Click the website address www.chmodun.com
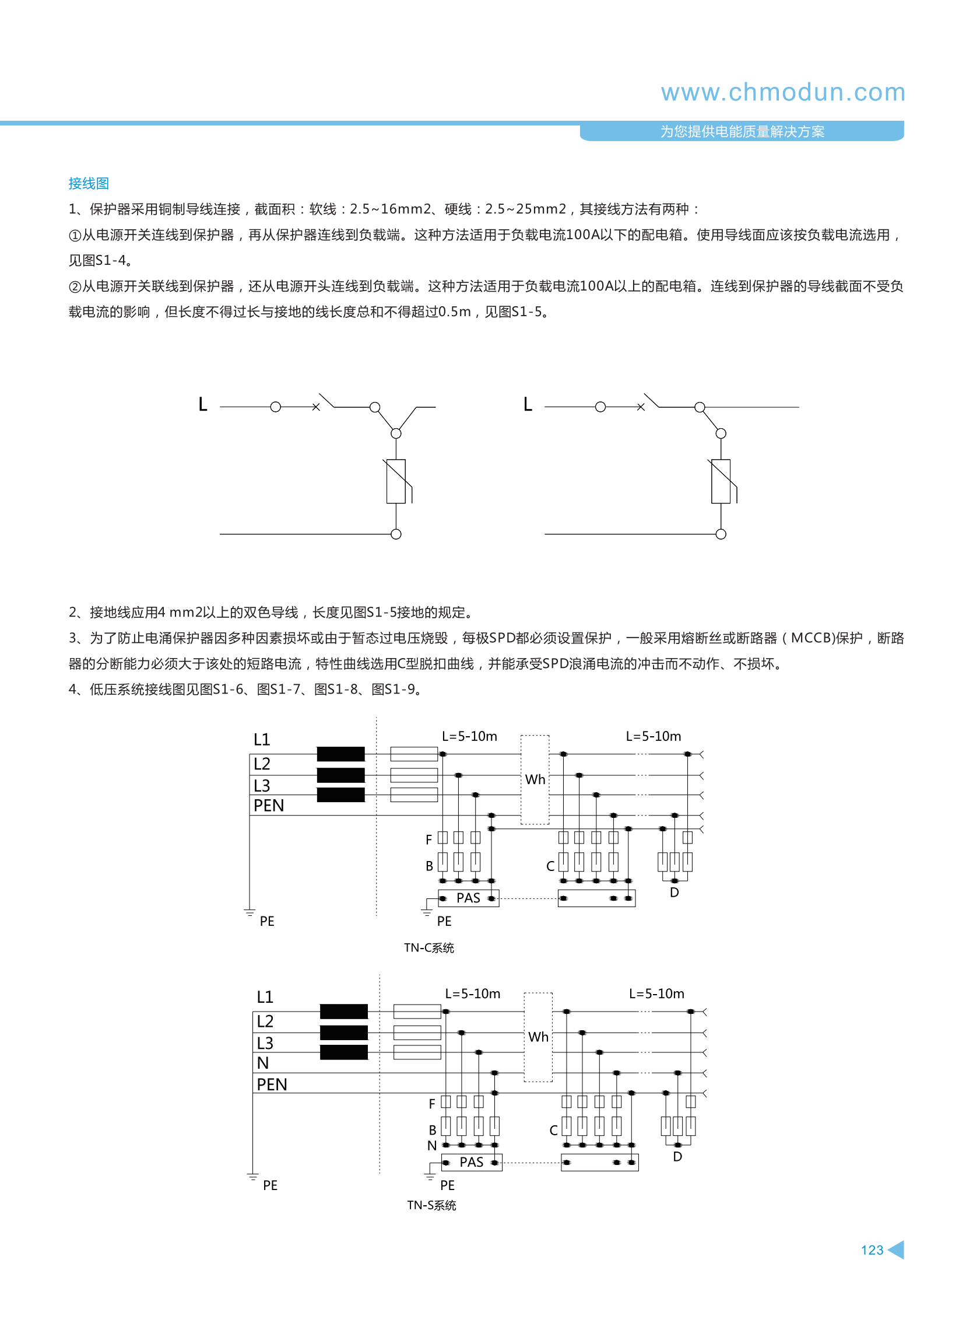coord(782,93)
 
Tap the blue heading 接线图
coord(89,183)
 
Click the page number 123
coord(872,1250)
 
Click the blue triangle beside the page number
coord(897,1250)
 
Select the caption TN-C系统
coord(428,947)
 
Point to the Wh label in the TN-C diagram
coord(535,780)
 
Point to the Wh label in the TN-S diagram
coord(538,1037)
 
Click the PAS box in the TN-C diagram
coord(468,898)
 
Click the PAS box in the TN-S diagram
coord(471,1162)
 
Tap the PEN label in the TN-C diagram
coord(269,806)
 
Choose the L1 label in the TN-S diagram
coord(265,997)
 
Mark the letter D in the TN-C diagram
coord(675,893)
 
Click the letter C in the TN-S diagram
coord(554,1131)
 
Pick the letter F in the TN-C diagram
coord(428,840)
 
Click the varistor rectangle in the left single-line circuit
coord(396,481)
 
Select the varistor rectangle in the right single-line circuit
coord(721,481)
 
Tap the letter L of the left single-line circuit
coord(203,404)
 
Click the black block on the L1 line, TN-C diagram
coord(340,754)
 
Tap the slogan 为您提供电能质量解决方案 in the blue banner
coord(742,131)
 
